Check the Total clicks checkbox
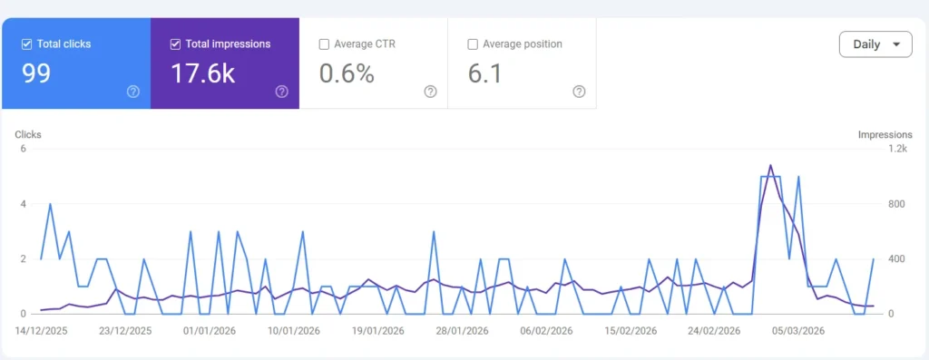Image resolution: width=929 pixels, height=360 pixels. tap(26, 44)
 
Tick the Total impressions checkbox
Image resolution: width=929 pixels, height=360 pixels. tap(176, 44)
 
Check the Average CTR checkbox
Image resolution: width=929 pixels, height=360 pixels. tap(325, 44)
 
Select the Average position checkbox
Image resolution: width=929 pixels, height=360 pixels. tap(473, 44)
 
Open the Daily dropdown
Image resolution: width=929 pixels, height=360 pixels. tap(875, 44)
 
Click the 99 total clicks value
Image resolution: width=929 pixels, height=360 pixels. tap(36, 73)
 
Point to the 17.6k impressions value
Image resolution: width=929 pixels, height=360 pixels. tap(202, 73)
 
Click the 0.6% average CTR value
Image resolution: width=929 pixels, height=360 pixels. tap(347, 73)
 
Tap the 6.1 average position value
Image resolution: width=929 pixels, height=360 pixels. tap(484, 73)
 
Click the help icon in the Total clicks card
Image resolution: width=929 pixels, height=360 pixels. tap(133, 91)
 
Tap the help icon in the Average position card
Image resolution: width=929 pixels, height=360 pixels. tap(579, 91)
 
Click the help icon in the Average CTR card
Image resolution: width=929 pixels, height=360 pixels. tap(430, 91)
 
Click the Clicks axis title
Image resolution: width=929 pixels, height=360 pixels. tap(28, 134)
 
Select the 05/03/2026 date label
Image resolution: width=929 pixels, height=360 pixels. tap(796, 331)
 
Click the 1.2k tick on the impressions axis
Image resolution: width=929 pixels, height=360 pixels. tap(897, 149)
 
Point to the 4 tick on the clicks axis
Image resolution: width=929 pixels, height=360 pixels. tap(24, 204)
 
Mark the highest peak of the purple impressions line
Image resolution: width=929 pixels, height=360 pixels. tap(770, 165)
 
